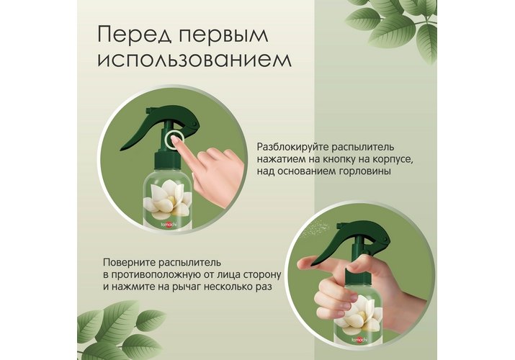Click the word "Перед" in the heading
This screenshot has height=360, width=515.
[135, 35]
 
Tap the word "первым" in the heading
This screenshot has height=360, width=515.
[223, 35]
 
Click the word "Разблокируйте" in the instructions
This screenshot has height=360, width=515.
[292, 147]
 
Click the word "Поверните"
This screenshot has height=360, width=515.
[128, 263]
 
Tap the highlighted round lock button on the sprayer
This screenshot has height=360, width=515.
[173, 141]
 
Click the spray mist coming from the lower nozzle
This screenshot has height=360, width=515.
[315, 227]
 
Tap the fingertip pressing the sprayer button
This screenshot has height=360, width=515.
[176, 141]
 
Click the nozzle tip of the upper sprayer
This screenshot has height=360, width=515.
[148, 111]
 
